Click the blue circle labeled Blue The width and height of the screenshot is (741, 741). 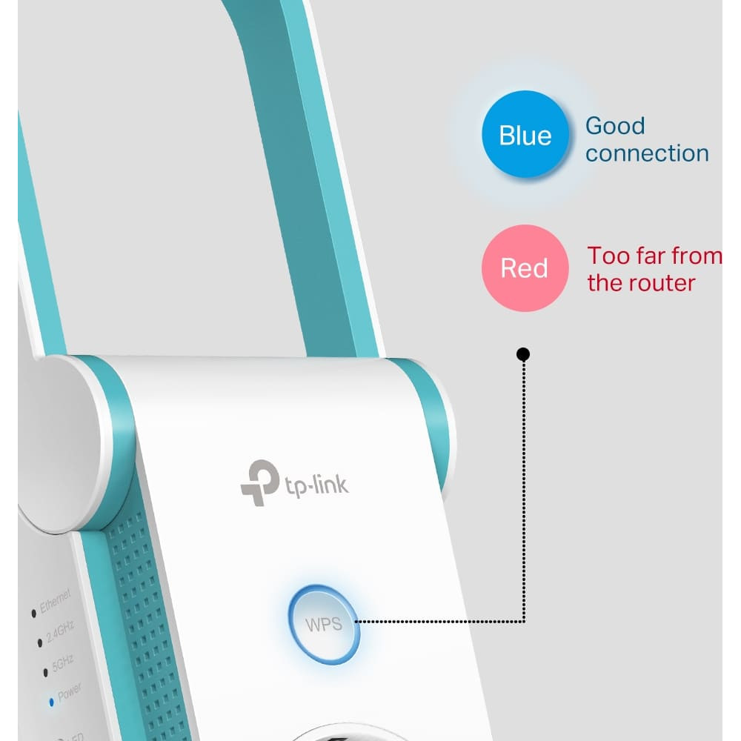[525, 134]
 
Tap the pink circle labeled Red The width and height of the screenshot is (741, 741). [525, 268]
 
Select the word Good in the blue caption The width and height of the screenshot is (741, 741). [615, 126]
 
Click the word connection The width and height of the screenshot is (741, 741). [647, 153]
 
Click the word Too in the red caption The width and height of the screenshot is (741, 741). [608, 256]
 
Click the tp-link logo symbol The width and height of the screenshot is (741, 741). [259, 482]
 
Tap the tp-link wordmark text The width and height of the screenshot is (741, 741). [316, 485]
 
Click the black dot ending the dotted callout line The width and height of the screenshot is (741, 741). [522, 354]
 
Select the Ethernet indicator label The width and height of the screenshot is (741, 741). [55, 601]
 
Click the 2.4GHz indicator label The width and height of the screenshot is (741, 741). [60, 632]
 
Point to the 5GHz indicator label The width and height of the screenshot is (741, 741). [62, 663]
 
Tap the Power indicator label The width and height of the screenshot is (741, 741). [69, 692]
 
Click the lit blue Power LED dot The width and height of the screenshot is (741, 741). [52, 702]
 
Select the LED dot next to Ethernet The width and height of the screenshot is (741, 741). [33, 614]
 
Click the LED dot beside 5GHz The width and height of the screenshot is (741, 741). [45, 672]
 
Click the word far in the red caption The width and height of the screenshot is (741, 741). [651, 256]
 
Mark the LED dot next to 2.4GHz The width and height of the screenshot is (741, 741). [40, 642]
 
